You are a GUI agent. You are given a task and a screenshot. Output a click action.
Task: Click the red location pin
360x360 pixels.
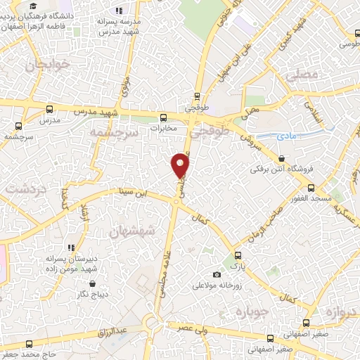point(181,165)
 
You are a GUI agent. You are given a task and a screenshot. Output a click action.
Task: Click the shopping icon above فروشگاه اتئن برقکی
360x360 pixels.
point(281,158)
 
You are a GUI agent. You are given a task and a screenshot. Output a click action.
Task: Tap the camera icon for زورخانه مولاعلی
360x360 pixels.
point(217,274)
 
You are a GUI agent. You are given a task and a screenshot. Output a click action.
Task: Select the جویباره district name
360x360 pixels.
point(252,312)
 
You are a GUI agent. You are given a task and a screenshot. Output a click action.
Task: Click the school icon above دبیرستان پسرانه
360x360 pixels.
point(71,247)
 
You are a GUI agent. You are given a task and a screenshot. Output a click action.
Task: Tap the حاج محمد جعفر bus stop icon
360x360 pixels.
point(29,344)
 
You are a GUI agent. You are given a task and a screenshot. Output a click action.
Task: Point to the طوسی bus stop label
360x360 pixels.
point(347,44)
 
